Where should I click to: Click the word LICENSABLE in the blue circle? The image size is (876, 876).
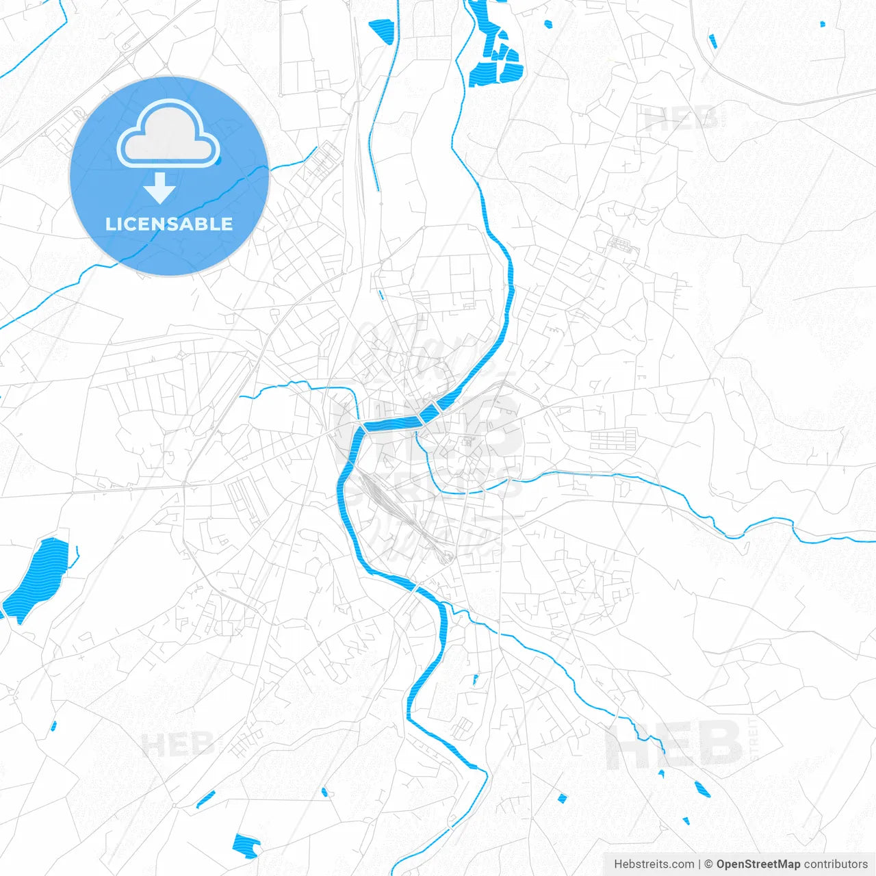[169, 224]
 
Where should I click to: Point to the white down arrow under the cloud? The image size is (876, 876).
[159, 188]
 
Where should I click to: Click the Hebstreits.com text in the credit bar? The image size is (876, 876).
[654, 864]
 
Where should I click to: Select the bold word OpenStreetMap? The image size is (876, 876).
[758, 864]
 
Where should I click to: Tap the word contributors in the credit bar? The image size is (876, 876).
[835, 864]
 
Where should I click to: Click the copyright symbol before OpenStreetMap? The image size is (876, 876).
[708, 864]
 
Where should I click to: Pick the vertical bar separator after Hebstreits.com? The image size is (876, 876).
[699, 864]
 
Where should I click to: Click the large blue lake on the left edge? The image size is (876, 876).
[38, 578]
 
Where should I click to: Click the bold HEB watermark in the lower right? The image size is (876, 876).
[674, 745]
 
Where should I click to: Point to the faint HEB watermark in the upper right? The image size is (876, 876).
[680, 120]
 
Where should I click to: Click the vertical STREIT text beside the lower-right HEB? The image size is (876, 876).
[755, 740]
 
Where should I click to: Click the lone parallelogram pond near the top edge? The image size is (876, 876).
[381, 31]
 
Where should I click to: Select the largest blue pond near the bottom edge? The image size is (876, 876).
[246, 846]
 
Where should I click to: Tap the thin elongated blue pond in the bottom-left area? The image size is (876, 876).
[205, 799]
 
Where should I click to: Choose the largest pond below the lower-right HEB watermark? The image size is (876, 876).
[701, 788]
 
